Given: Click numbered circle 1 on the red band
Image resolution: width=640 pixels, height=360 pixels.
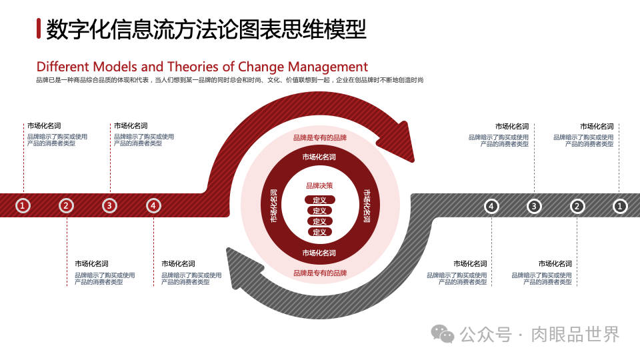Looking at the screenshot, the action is click(x=23, y=206).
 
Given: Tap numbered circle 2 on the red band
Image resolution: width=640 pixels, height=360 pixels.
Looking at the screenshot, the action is click(x=66, y=206).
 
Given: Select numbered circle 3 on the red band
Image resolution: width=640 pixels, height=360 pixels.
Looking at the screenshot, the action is click(x=109, y=206).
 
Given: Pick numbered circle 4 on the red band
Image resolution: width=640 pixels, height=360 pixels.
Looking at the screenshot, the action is click(x=154, y=206).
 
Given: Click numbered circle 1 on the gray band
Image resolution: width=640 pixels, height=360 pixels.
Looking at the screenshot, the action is click(x=620, y=207).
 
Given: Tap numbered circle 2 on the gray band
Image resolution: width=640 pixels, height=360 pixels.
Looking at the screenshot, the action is click(x=577, y=207).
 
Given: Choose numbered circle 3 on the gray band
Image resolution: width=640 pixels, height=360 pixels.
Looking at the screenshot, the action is click(x=534, y=207).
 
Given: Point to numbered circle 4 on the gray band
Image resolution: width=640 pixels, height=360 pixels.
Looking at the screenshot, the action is click(x=491, y=207).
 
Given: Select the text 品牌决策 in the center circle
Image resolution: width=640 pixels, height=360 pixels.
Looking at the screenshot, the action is click(x=319, y=186).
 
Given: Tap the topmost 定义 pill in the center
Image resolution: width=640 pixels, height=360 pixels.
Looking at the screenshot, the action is click(x=319, y=200).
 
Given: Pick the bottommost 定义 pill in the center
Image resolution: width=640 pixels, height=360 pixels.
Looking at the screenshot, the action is click(x=319, y=232).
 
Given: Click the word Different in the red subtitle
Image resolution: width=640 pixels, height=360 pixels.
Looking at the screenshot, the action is click(x=62, y=67).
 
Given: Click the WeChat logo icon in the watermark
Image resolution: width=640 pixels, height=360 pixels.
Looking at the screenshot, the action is click(x=442, y=333).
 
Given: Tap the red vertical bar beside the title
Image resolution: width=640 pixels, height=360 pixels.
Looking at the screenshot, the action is click(x=39, y=29).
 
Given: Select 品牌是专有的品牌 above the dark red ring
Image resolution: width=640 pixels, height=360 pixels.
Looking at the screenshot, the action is click(x=320, y=138).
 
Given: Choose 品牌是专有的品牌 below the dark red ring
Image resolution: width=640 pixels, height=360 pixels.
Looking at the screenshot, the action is click(x=320, y=273).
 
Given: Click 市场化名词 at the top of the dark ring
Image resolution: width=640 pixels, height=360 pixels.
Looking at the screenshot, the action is click(x=319, y=157).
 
